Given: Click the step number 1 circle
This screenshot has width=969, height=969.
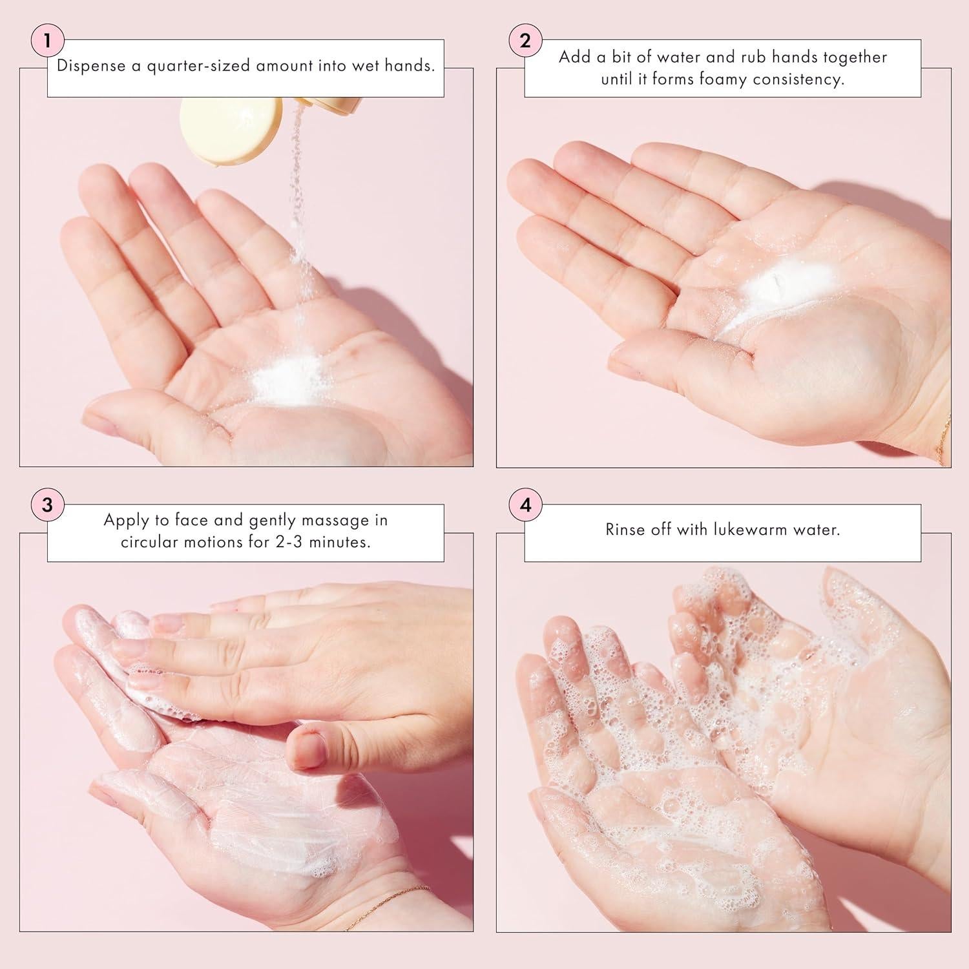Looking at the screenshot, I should coord(47,41).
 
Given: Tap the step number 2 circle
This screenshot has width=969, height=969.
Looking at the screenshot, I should coord(525,41).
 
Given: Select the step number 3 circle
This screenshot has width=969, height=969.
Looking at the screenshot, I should coord(47,505).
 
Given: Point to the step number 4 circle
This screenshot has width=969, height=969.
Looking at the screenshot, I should coord(525,505).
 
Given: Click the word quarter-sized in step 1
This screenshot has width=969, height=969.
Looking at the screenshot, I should coord(200,66).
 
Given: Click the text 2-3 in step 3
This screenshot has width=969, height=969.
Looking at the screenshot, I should coord(282,542).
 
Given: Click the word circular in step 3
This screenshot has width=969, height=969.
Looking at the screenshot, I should coord(155,542).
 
